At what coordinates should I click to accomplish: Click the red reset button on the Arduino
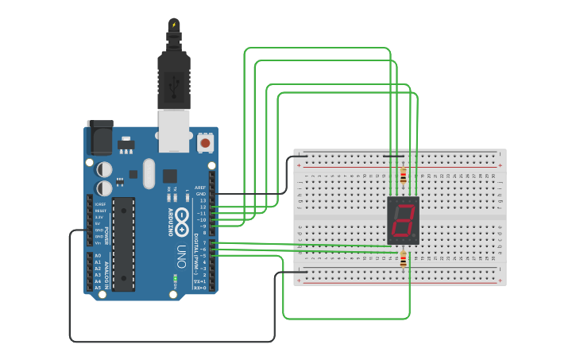tap(205, 143)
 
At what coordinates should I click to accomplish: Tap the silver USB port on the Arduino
tap(174, 130)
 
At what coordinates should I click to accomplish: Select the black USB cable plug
tap(173, 79)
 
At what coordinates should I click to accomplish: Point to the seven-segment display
tap(403, 220)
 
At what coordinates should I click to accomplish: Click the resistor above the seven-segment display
tap(403, 176)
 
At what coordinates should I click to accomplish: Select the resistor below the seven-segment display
tap(403, 259)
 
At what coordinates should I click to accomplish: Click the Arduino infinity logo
tap(181, 216)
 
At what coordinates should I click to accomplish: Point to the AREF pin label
tap(201, 188)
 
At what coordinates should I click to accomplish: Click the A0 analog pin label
tap(98, 256)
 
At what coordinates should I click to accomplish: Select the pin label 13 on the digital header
tap(203, 200)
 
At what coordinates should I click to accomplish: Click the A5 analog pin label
tap(98, 288)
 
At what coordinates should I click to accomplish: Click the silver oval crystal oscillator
tap(149, 174)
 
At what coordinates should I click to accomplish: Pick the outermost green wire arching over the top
tap(318, 48)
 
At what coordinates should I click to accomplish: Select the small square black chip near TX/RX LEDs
tap(170, 176)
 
